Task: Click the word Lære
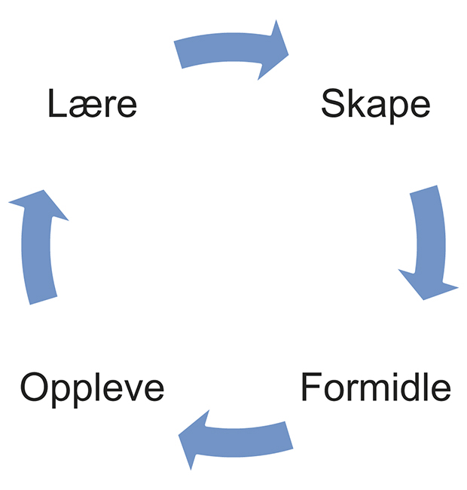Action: coord(92,104)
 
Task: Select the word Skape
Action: coord(375,104)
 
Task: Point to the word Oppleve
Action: coord(92,387)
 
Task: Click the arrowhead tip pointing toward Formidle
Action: coord(423,299)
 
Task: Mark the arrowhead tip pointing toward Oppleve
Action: coord(180,437)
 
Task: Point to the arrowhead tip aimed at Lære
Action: coord(35,190)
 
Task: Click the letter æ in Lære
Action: coord(84,107)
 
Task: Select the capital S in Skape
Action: coord(332,104)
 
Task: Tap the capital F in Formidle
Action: coord(310,387)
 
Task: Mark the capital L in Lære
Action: coord(56,104)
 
